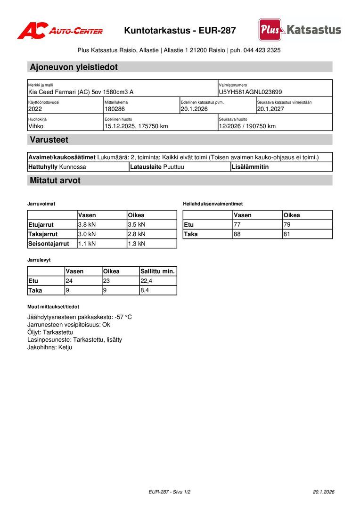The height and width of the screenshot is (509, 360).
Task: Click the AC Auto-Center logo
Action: (60, 31)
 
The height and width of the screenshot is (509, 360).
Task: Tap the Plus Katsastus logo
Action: (300, 30)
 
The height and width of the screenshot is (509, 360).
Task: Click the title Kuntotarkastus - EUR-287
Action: (180, 31)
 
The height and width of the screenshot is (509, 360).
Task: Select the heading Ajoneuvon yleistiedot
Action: (74, 67)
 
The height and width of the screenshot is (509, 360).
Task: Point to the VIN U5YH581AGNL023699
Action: (250, 92)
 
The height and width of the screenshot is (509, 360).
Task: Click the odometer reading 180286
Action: (115, 109)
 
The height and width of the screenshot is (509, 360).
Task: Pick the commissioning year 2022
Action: (35, 109)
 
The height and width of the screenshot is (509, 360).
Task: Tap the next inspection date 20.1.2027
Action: (270, 109)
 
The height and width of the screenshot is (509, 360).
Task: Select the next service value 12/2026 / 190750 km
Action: (247, 126)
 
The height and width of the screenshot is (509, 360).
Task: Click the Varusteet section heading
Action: (49, 140)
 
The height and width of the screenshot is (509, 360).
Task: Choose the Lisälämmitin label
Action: (250, 166)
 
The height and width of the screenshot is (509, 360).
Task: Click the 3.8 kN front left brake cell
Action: (87, 224)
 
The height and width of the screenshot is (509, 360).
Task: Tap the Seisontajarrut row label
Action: (49, 244)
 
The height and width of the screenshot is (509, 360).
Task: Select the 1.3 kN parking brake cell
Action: (137, 244)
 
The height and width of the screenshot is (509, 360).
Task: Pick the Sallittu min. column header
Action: (158, 271)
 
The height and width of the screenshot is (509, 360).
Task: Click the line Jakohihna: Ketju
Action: (50, 347)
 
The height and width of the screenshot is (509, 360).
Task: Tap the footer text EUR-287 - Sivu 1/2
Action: (170, 492)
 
